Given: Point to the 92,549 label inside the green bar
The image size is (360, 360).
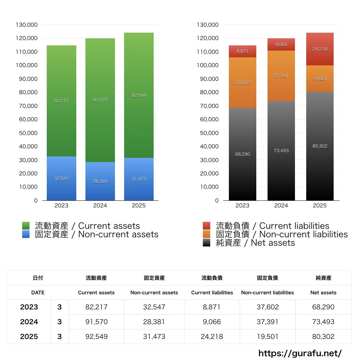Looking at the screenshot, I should [139, 95].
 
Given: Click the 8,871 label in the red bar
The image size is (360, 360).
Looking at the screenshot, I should [242, 51].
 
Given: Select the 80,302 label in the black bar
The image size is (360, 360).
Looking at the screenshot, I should [320, 146].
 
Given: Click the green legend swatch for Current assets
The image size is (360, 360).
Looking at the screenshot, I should [26, 226].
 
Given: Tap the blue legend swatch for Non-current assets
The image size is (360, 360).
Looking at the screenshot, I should [26, 234].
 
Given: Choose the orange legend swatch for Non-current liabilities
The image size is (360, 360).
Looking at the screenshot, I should [207, 234].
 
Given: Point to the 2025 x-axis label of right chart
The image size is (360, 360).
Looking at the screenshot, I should [320, 206].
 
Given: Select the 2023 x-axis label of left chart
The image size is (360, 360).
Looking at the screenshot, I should [62, 206].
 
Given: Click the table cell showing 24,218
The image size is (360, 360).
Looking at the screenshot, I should [212, 336].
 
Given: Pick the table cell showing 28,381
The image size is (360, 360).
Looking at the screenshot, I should [154, 322].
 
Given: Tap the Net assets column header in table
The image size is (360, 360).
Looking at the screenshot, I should [323, 292].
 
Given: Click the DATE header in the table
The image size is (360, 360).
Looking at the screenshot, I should [38, 292].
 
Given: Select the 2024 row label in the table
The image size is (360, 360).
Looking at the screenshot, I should [29, 322].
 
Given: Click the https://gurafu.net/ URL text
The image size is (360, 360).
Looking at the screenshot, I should [300, 353].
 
